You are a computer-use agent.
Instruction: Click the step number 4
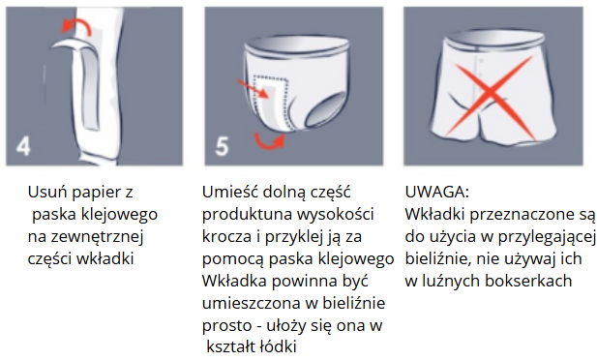point(23,146)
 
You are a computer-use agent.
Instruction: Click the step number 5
point(222,147)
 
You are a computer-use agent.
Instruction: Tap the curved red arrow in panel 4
point(77,25)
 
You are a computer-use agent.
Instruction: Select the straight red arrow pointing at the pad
point(253,90)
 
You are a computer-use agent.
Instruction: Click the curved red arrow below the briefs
point(269,141)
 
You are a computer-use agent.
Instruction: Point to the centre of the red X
point(490,94)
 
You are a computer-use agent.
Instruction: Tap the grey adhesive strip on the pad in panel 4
point(89,91)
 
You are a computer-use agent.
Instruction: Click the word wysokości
point(335,215)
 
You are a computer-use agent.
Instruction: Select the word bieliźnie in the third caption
point(438,259)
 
